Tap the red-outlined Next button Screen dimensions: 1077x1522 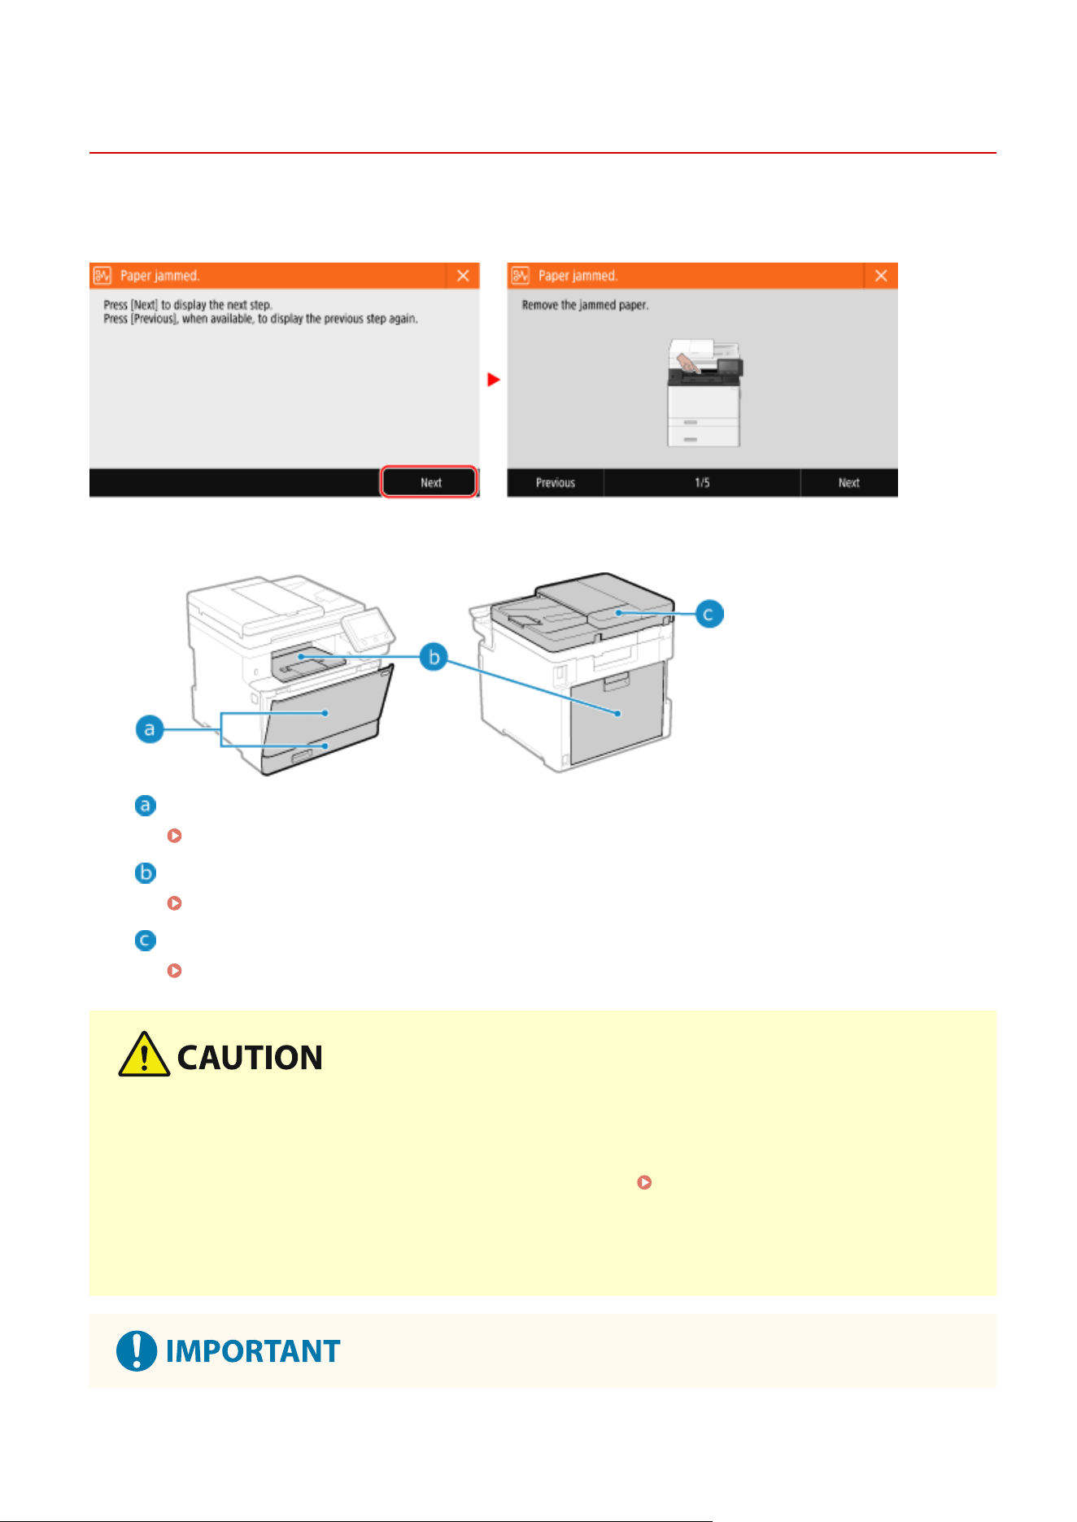tap(429, 482)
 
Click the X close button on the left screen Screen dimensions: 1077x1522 tap(463, 276)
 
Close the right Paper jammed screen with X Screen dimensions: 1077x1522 tap(881, 276)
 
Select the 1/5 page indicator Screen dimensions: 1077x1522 tap(702, 482)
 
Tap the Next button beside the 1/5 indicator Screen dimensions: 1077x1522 tap(849, 482)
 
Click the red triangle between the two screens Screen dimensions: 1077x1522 tap(493, 380)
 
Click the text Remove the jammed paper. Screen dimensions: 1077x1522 tap(585, 305)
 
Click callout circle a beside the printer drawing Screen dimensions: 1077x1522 tap(150, 729)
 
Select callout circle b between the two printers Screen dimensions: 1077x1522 tap(434, 657)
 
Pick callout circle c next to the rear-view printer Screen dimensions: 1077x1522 tap(709, 614)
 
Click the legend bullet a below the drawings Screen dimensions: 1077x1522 tap(146, 805)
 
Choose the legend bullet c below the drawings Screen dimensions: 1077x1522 tap(146, 940)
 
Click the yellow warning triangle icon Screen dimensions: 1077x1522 tap(144, 1055)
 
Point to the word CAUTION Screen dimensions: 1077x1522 tap(250, 1058)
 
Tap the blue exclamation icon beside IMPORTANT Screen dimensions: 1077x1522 tap(137, 1350)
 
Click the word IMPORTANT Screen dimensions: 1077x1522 tap(253, 1351)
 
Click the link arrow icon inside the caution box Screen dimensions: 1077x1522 tap(644, 1182)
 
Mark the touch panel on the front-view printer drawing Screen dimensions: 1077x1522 tap(368, 629)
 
